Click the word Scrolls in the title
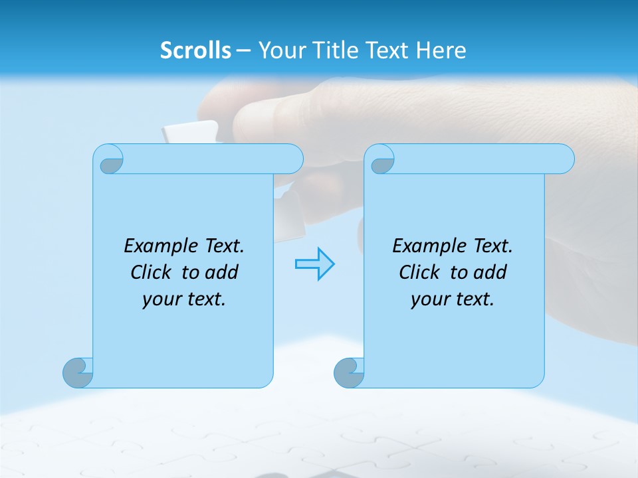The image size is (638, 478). [195, 50]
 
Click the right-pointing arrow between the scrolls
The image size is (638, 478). [314, 264]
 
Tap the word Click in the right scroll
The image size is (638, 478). [418, 272]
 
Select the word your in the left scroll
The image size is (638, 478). [161, 299]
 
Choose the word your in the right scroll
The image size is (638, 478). [430, 299]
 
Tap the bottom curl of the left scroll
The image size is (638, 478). [78, 372]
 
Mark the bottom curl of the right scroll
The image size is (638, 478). [349, 372]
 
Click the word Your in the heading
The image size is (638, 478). [280, 50]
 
